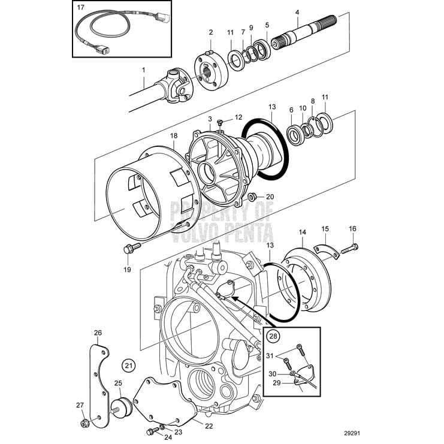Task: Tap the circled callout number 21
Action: pyautogui.click(x=127, y=364)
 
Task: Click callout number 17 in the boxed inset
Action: pyautogui.click(x=81, y=9)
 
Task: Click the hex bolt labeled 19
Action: pyautogui.click(x=129, y=248)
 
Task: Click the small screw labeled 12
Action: pyautogui.click(x=220, y=123)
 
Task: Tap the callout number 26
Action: pyautogui.click(x=98, y=333)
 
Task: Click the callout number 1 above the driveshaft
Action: pyautogui.click(x=144, y=70)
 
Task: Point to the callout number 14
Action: pyautogui.click(x=302, y=231)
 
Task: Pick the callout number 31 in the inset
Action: pyautogui.click(x=269, y=355)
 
